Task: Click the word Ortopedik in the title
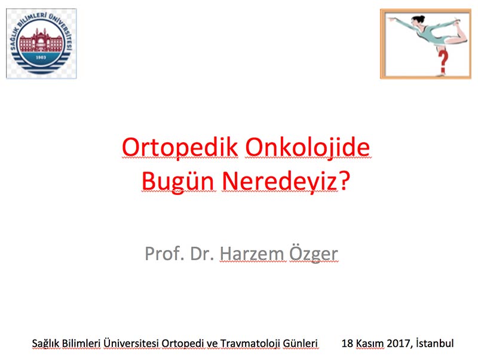180,148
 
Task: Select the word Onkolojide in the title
308,148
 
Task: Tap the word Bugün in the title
177,182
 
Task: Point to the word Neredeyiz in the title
280,182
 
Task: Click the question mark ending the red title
344,181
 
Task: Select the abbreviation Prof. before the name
164,253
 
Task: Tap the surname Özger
313,253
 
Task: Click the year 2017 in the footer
398,343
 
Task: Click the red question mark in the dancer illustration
443,62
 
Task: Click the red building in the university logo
41,41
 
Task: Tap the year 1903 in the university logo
41,57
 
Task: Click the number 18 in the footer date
347,343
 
